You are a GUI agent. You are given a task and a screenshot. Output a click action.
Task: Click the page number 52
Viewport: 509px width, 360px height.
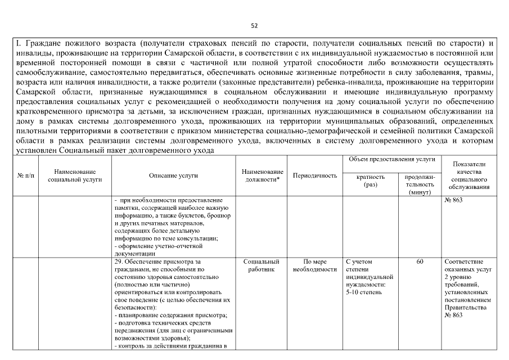pyautogui.click(x=254, y=25)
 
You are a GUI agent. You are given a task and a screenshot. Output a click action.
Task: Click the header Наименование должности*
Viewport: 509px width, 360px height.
pyautogui.click(x=262, y=175)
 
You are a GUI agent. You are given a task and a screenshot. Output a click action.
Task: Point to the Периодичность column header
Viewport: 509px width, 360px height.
pyautogui.click(x=315, y=175)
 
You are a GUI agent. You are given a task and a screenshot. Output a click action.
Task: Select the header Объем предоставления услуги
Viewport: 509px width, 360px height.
pyautogui.click(x=392, y=160)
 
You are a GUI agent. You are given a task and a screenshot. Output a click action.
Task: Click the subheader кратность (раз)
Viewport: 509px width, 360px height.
pyautogui.click(x=371, y=180)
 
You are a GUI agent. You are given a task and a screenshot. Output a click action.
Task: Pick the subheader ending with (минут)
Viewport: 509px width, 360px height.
pyautogui.click(x=420, y=192)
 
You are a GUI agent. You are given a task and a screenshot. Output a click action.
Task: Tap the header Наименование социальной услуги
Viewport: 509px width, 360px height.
pyautogui.click(x=75, y=175)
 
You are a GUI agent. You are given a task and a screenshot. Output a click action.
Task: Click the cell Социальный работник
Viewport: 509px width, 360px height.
pyautogui.click(x=262, y=265)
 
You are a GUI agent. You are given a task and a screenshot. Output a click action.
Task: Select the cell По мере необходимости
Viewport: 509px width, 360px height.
pyautogui.click(x=315, y=265)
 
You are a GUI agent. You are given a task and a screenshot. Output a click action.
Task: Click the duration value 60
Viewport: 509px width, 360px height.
pyautogui.click(x=420, y=262)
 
